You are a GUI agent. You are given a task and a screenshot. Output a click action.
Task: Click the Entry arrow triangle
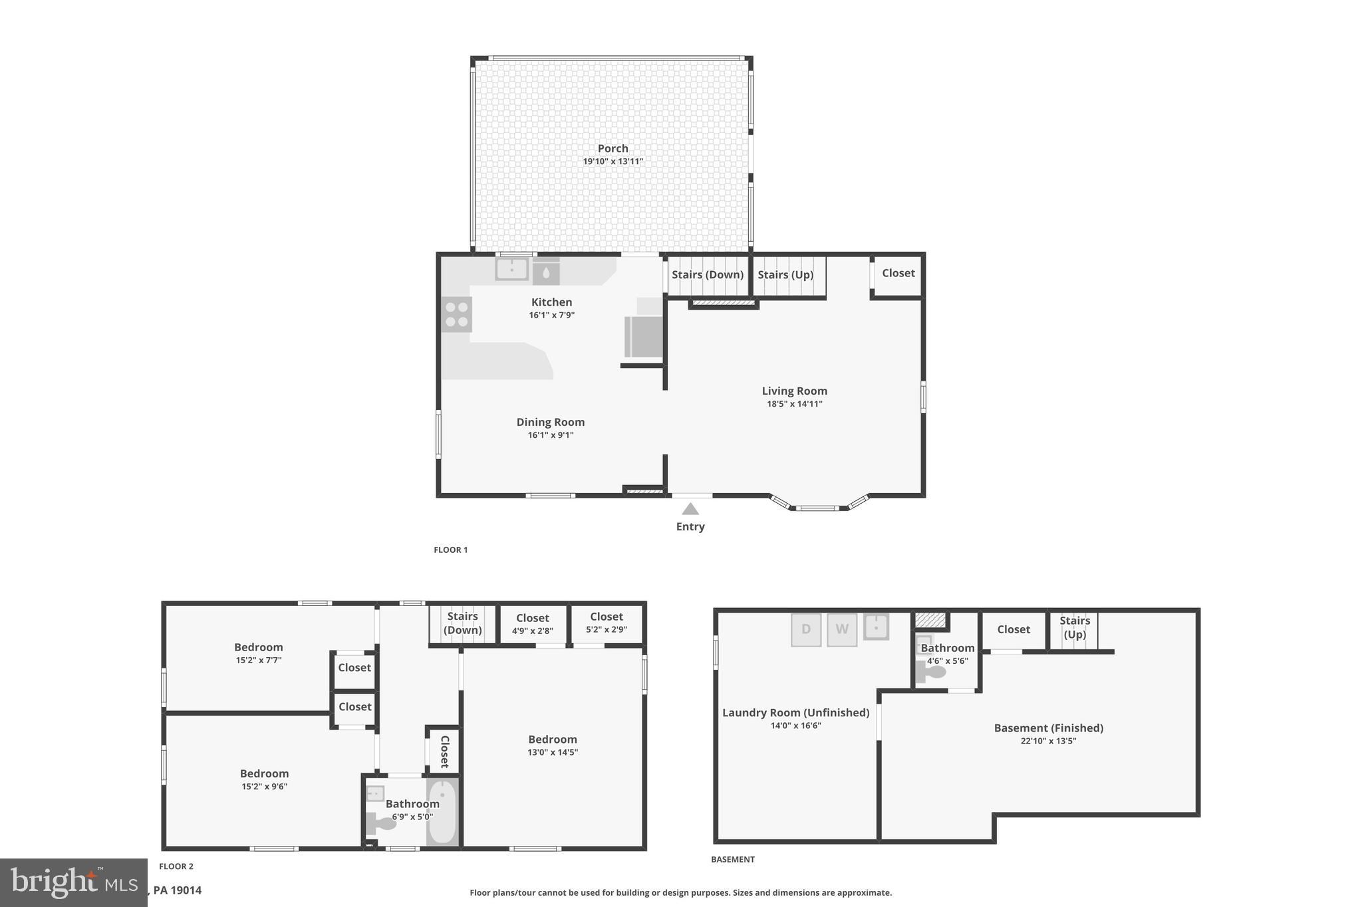pyautogui.click(x=690, y=509)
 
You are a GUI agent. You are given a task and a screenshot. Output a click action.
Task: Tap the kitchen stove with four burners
pyautogui.click(x=456, y=314)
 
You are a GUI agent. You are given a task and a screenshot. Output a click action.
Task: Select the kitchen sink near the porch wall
pyautogui.click(x=511, y=269)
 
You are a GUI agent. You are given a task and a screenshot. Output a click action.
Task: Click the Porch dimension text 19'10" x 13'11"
pyautogui.click(x=613, y=161)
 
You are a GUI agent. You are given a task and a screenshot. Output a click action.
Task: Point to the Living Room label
pyautogui.click(x=794, y=391)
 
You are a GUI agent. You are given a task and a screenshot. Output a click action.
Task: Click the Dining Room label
pyautogui.click(x=550, y=422)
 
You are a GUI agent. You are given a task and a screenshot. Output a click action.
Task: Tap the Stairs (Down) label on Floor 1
pyautogui.click(x=707, y=274)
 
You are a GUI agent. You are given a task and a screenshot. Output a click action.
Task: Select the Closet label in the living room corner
pyautogui.click(x=898, y=273)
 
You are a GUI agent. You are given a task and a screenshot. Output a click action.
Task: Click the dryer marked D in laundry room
pyautogui.click(x=805, y=629)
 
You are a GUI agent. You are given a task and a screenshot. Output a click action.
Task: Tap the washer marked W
pyautogui.click(x=841, y=629)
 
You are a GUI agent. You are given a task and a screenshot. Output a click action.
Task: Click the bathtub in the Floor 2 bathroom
pyautogui.click(x=442, y=811)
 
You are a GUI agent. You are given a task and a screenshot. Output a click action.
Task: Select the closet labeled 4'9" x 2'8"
pyautogui.click(x=532, y=625)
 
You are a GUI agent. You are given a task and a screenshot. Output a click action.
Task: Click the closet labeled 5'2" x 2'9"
pyautogui.click(x=606, y=623)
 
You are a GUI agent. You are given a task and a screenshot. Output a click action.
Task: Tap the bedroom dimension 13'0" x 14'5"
pyautogui.click(x=552, y=752)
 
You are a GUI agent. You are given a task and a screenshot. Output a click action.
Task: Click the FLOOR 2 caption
pyautogui.click(x=176, y=866)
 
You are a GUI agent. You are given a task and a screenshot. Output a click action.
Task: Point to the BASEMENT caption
pyautogui.click(x=732, y=859)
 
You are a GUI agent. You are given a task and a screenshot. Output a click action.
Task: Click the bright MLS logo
pyautogui.click(x=73, y=882)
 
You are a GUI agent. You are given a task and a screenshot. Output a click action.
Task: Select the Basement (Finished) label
pyautogui.click(x=1048, y=728)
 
